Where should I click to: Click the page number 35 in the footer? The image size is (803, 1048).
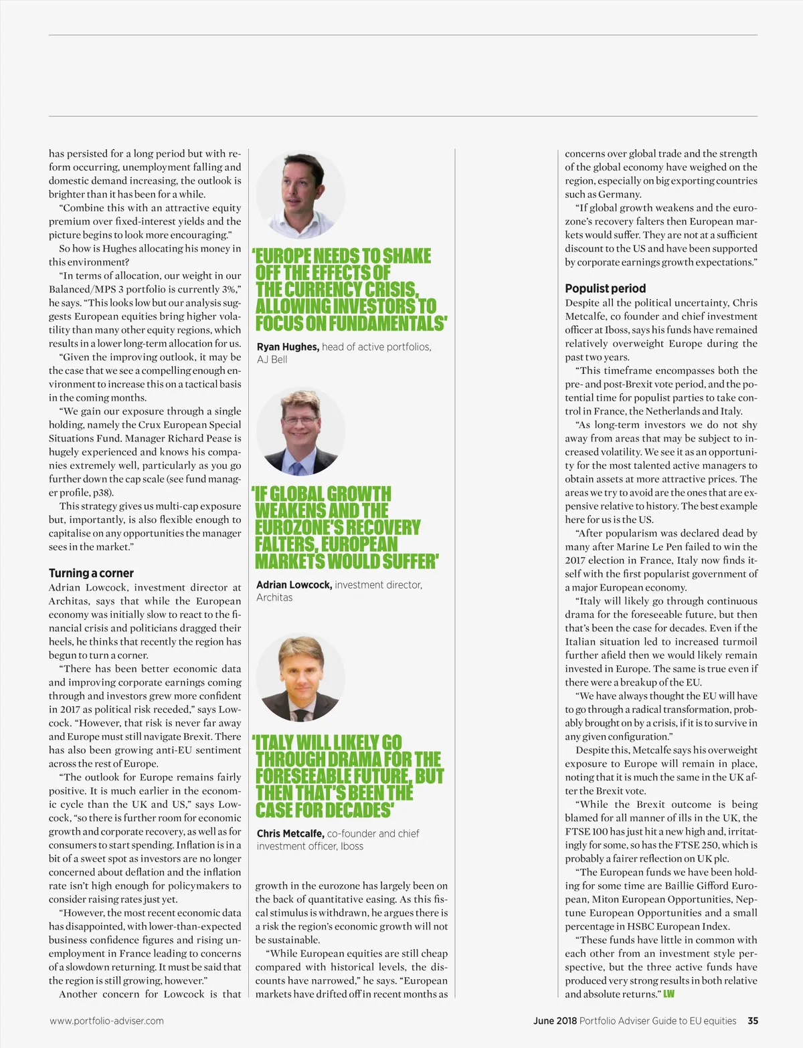click(x=753, y=1021)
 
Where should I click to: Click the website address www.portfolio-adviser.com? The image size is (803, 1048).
click(x=106, y=1021)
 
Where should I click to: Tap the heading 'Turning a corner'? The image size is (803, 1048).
click(x=91, y=573)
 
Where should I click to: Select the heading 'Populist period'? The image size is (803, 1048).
click(x=605, y=288)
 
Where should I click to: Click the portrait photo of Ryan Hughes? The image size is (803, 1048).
click(x=300, y=195)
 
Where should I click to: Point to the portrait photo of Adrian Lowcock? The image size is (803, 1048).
click(x=300, y=432)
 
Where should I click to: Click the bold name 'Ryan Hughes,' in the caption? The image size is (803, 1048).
click(x=288, y=346)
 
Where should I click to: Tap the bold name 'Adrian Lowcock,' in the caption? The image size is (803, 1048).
click(x=294, y=585)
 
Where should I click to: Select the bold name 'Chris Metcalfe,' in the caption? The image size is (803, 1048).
click(x=290, y=833)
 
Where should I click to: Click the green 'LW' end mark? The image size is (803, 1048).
click(x=668, y=994)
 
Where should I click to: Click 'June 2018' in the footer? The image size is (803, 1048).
click(x=555, y=1021)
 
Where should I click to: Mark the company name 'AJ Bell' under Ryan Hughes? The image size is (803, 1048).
click(x=272, y=360)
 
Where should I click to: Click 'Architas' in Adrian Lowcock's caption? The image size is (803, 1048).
click(x=274, y=597)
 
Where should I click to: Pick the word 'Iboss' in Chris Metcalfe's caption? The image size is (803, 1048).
click(x=352, y=846)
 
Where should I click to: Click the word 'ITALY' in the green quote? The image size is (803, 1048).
click(x=274, y=743)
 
